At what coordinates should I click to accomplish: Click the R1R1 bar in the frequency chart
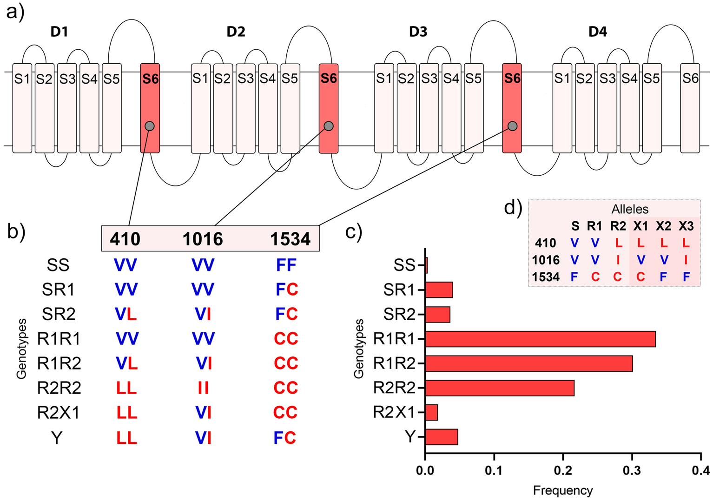pos(540,339)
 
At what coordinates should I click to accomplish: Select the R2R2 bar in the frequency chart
pos(500,388)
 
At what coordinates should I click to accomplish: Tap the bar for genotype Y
pos(442,437)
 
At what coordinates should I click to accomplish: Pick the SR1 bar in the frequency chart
pos(439,290)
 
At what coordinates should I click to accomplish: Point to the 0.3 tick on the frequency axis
pos(632,471)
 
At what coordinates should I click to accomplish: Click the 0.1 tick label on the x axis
pos(494,471)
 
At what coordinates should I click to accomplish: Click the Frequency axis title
pos(563,490)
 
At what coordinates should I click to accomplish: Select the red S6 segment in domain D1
pos(150,108)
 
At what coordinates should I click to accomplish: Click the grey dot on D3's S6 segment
pos(512,126)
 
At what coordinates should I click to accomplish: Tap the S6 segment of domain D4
pos(690,108)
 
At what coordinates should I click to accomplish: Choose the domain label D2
pos(236,32)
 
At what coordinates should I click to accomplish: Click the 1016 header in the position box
pos(203,239)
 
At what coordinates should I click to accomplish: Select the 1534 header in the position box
pos(290,239)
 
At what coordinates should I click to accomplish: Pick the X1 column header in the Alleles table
pos(640,226)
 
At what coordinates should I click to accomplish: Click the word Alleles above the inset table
pos(630,209)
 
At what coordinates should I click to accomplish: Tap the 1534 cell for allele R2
pos(617,277)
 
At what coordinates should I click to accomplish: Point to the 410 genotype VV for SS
pos(125,265)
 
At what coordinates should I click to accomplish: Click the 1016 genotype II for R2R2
pos(203,388)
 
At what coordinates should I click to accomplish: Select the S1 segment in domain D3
pos(384,108)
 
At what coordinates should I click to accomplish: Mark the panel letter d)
pos(513,208)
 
